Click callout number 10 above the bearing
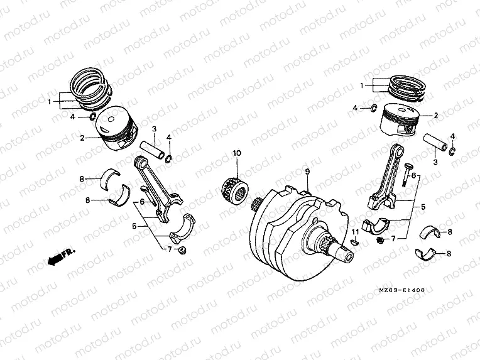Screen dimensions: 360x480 [237, 153]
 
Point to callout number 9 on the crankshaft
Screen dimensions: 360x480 [307, 172]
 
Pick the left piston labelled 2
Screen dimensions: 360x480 [117, 131]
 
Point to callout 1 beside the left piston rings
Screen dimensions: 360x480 [50, 101]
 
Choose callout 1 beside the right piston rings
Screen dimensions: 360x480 [362, 85]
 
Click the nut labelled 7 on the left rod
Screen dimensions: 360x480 [182, 251]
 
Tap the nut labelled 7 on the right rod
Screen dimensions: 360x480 [380, 240]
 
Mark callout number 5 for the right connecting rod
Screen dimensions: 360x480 [422, 206]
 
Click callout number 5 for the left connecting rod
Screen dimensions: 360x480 [134, 225]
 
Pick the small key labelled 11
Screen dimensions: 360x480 [352, 241]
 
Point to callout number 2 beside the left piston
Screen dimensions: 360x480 [82, 136]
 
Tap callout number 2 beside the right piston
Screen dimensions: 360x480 [435, 116]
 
